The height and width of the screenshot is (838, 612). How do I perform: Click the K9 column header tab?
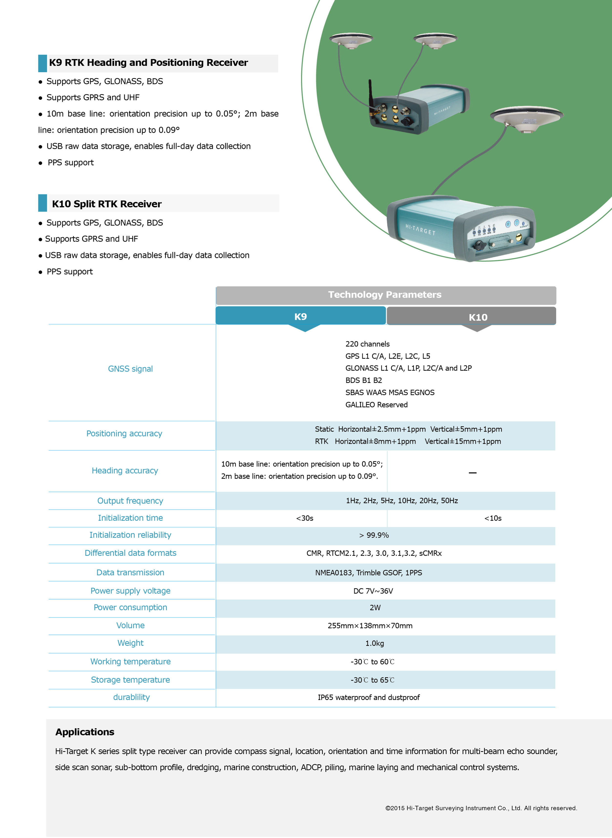click(x=301, y=316)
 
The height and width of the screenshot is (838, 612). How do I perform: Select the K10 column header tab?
click(x=478, y=317)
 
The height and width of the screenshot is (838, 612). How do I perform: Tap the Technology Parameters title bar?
click(x=385, y=295)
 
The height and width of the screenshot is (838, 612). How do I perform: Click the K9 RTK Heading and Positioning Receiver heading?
click(x=149, y=62)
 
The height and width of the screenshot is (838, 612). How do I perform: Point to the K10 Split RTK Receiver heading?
click(x=107, y=204)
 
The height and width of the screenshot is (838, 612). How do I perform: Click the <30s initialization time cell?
click(x=304, y=518)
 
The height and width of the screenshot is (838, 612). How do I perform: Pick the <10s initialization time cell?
click(x=493, y=518)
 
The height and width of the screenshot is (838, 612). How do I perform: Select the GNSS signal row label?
click(x=130, y=369)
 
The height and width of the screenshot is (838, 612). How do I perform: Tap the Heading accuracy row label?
click(x=125, y=470)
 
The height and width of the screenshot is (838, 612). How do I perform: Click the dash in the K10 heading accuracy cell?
click(x=472, y=473)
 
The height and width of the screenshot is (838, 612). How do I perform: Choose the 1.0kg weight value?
click(x=374, y=643)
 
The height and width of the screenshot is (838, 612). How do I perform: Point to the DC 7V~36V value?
click(x=373, y=591)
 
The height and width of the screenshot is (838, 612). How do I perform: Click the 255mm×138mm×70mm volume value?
click(x=370, y=626)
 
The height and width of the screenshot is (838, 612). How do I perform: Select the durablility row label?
click(x=132, y=697)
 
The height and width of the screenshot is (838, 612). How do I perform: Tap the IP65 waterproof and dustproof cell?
click(x=369, y=697)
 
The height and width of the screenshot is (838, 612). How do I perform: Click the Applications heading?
click(x=85, y=732)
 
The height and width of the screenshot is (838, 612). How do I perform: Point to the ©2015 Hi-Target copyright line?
click(x=481, y=808)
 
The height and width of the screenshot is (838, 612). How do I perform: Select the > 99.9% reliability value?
click(x=374, y=535)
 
